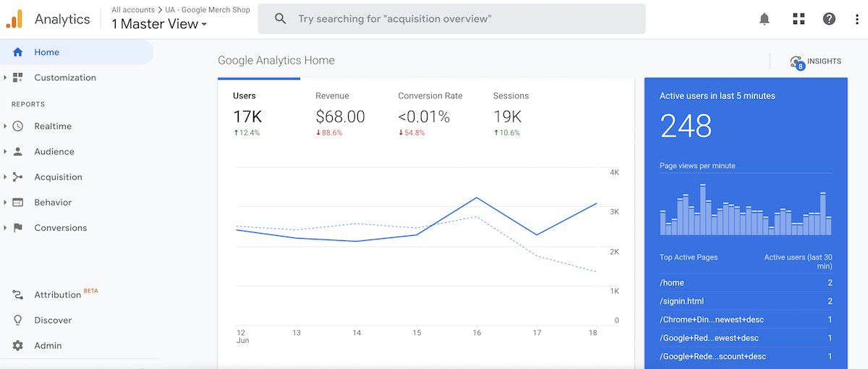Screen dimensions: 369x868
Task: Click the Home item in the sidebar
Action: click(46, 52)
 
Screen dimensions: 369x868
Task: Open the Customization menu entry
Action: click(64, 77)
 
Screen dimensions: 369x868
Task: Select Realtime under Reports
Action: click(52, 126)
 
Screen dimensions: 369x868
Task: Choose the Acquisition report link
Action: click(58, 177)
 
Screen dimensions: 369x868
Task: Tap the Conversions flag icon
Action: click(18, 227)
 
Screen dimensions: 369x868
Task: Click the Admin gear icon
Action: click(18, 345)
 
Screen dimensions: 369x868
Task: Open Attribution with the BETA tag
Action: click(57, 294)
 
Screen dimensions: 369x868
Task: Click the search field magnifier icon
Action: click(281, 19)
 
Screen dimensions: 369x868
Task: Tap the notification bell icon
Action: click(765, 19)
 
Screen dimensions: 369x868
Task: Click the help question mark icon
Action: click(829, 19)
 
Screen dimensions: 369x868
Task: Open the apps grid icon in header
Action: click(799, 19)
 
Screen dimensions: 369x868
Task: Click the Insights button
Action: click(817, 61)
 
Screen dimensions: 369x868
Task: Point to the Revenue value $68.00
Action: click(340, 116)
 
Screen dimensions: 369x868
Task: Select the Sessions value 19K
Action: click(508, 116)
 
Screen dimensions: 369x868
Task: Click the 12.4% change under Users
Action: click(247, 133)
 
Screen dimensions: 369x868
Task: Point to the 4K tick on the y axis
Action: click(614, 172)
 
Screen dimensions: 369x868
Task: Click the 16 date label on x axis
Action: click(477, 333)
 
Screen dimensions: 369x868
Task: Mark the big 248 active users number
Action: click(686, 127)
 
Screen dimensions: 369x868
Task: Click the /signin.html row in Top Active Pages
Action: click(746, 301)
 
